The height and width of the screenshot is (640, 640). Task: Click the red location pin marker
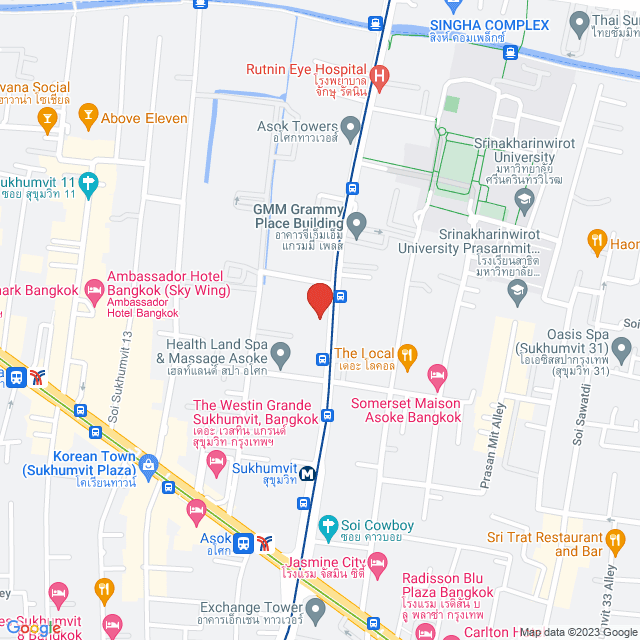[x=319, y=299]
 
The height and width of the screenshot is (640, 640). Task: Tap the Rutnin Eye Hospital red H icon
[x=379, y=75]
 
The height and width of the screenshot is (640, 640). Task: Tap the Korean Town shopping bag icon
[x=149, y=465]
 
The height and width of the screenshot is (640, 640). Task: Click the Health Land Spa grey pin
[x=281, y=352]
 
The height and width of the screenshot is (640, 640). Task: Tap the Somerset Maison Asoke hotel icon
[x=437, y=377]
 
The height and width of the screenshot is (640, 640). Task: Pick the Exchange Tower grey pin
[x=316, y=607]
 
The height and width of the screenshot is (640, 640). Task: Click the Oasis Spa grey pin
[x=621, y=349]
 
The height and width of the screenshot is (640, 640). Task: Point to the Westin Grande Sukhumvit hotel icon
[x=215, y=462]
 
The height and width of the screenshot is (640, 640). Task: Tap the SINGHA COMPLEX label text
[x=489, y=25]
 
